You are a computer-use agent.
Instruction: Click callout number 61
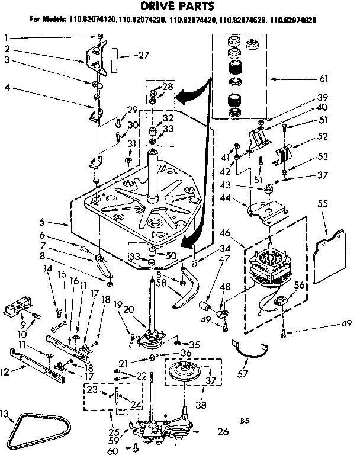(339, 78)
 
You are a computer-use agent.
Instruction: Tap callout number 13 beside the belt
(5, 413)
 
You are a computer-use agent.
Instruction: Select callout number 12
(7, 372)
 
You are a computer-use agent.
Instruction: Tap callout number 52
(339, 136)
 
